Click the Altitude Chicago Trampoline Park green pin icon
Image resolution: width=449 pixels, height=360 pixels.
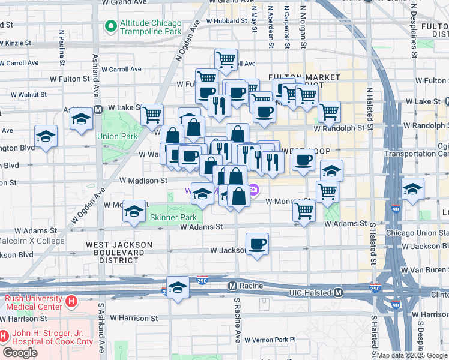pyautogui.click(x=110, y=26)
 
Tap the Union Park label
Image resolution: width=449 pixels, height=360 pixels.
pyautogui.click(x=118, y=136)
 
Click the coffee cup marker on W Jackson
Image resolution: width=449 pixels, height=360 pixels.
pyautogui.click(x=258, y=244)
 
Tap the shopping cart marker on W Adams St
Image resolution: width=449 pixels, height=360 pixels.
pyautogui.click(x=304, y=211)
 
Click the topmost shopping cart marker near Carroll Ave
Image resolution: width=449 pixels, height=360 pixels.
pyautogui.click(x=226, y=59)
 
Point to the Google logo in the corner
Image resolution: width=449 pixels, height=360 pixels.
pyautogui.click(x=20, y=353)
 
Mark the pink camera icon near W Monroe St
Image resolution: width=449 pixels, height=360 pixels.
pyautogui.click(x=254, y=191)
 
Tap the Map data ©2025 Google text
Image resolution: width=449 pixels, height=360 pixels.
pyautogui.click(x=411, y=355)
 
